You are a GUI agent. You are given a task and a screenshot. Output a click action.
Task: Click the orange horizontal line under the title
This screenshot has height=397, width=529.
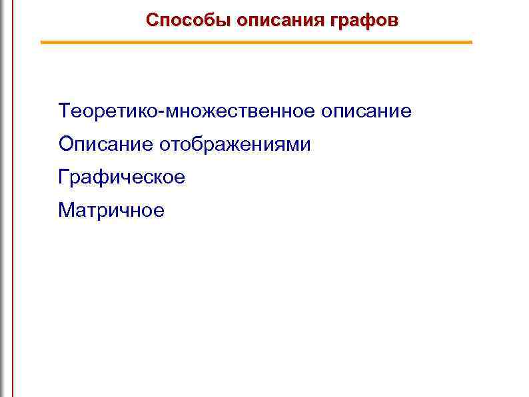(x=257, y=43)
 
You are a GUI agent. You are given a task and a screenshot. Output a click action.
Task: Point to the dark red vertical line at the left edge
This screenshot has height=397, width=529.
(x=13, y=200)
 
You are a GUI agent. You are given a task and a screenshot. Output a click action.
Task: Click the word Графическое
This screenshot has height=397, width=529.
(x=122, y=177)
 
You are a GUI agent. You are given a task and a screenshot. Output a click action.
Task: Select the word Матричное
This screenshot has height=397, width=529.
(x=111, y=211)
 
